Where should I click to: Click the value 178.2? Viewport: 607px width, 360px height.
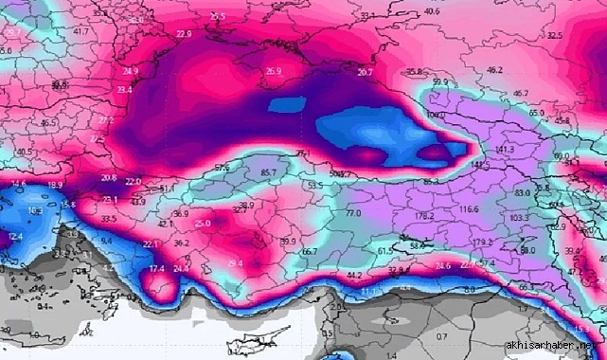424,216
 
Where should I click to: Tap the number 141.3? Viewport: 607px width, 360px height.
504,150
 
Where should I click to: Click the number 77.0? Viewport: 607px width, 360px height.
353,215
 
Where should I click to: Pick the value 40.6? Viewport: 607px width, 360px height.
432,11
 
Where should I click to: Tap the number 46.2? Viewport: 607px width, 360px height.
494,70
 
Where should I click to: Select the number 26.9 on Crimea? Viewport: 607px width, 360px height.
274,71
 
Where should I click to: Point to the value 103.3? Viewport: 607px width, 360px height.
519,218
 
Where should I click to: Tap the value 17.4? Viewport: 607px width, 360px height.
158,270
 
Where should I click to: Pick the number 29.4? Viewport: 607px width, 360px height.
235,263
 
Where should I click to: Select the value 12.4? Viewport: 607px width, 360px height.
14,235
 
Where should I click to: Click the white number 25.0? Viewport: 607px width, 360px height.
203,224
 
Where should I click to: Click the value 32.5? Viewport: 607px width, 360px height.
554,36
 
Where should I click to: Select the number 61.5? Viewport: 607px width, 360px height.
384,250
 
